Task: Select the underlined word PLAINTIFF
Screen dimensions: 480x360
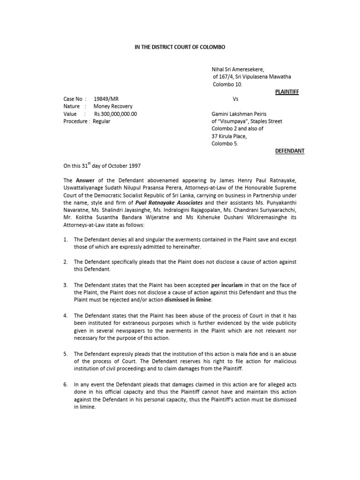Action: click(x=286, y=92)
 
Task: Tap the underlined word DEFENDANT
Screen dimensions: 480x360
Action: click(x=289, y=151)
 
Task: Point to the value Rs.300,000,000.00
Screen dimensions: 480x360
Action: click(x=115, y=114)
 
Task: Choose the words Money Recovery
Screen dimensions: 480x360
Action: click(x=113, y=106)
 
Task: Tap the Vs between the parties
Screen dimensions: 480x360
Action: click(x=235, y=99)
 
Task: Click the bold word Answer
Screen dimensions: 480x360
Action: click(x=85, y=180)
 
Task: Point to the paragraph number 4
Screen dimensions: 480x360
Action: click(x=66, y=316)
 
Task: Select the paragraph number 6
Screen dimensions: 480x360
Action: click(x=66, y=384)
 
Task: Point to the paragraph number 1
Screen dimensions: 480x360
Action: click(x=66, y=240)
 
